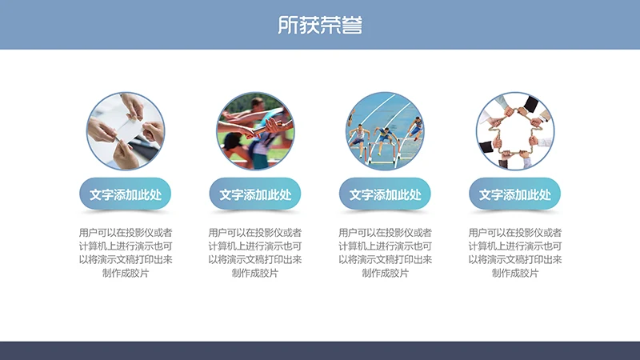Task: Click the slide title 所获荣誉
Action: pyautogui.click(x=320, y=25)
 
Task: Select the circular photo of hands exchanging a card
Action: pyautogui.click(x=126, y=130)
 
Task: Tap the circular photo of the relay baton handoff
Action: pyautogui.click(x=255, y=130)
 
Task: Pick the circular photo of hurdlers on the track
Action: pyautogui.click(x=385, y=130)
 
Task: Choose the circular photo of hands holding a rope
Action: pyautogui.click(x=515, y=130)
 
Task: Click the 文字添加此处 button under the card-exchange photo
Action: pyautogui.click(x=126, y=194)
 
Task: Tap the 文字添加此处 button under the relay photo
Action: pyautogui.click(x=255, y=194)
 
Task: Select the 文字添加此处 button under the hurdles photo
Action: pyautogui.click(x=385, y=194)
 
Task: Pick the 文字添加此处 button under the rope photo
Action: pyautogui.click(x=515, y=194)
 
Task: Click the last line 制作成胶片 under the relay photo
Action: pyautogui.click(x=255, y=274)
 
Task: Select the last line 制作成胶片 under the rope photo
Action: pyautogui.click(x=515, y=274)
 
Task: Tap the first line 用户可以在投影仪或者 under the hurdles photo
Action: pyautogui.click(x=385, y=233)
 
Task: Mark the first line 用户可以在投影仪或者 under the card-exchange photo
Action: pyautogui.click(x=126, y=233)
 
